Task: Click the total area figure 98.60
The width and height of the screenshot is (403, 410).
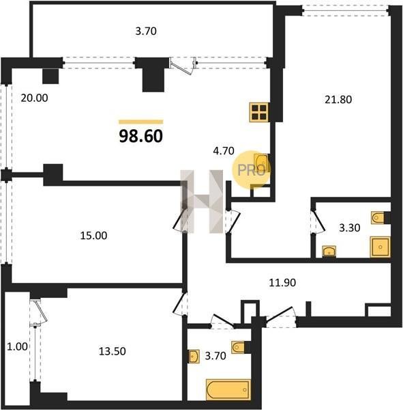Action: click(141, 136)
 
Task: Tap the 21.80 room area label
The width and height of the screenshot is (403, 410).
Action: click(338, 100)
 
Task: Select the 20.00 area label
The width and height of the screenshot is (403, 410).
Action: click(35, 98)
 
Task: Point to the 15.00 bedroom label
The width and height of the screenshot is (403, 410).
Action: click(93, 236)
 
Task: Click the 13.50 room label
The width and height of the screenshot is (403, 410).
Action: click(113, 351)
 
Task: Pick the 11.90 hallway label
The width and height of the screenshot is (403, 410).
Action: click(282, 283)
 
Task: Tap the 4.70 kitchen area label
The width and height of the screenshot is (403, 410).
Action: click(224, 151)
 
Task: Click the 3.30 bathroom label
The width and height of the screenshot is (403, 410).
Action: click(350, 228)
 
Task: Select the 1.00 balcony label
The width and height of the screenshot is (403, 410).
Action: click(17, 346)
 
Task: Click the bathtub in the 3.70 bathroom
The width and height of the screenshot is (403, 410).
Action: click(228, 389)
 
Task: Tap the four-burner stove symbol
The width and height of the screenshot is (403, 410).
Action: click(259, 112)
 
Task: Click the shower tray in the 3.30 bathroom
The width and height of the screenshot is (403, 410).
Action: click(380, 247)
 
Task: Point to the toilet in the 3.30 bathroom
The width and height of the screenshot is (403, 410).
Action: click(378, 217)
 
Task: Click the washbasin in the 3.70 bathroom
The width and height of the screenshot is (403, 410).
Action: click(194, 357)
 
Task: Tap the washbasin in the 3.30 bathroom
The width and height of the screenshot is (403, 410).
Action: click(329, 251)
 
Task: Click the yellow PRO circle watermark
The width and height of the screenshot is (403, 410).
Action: click(252, 170)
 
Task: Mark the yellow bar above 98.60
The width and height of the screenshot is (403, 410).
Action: click(141, 122)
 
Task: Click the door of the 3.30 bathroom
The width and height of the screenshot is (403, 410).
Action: click(319, 221)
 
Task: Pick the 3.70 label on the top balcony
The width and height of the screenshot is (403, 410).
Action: click(146, 31)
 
